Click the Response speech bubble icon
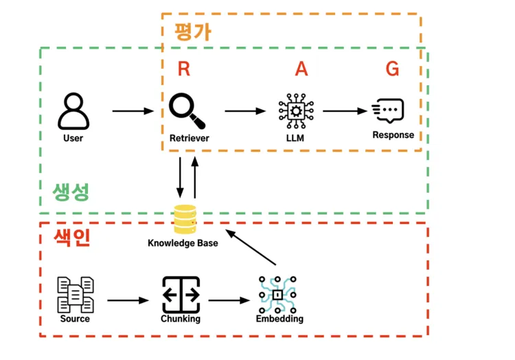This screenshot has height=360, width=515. click(388, 111)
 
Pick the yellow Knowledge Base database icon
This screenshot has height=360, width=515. click(184, 220)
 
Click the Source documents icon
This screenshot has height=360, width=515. click(76, 294)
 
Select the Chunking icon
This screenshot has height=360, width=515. click(181, 295)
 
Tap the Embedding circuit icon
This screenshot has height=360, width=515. click(278, 295)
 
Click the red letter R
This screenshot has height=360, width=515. click(183, 69)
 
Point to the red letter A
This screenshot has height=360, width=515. click(301, 69)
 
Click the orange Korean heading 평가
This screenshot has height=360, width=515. click(192, 32)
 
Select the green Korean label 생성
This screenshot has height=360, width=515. click(71, 192)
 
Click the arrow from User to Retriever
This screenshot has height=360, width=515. click(133, 111)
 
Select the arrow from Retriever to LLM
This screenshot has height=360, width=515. click(245, 111)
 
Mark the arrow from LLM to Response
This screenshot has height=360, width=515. click(345, 111)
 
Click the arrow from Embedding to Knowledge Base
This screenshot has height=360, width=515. click(252, 248)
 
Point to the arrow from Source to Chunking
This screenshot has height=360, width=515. click(128, 300)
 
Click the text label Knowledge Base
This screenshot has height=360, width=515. click(183, 243)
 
